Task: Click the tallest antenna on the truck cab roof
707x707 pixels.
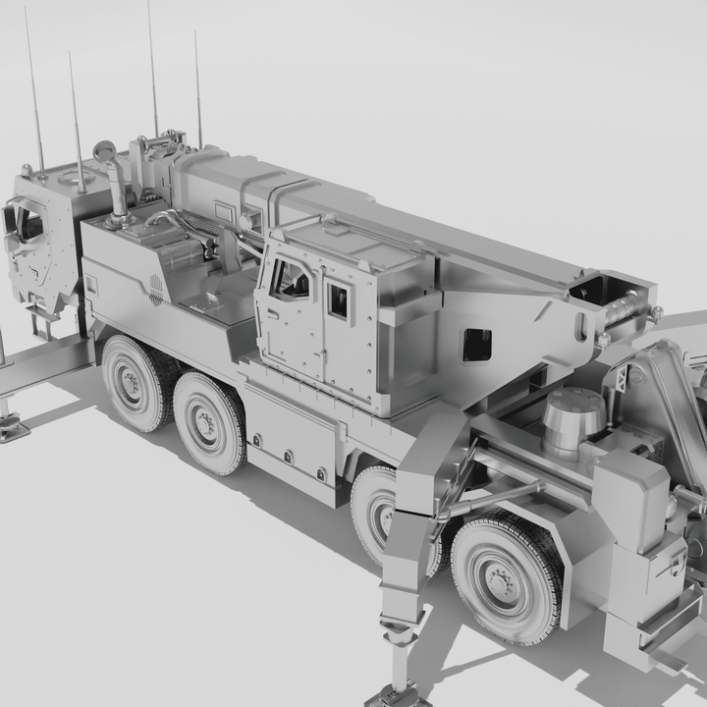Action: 152,69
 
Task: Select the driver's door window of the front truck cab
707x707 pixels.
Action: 28,224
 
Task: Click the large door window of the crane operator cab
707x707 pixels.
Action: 291,280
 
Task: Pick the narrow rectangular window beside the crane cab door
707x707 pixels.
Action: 338,300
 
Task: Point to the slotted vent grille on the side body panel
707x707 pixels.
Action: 156,290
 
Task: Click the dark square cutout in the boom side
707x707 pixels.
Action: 476,344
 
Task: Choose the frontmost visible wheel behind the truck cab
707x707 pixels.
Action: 133,384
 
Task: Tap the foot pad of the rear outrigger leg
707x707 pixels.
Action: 398,696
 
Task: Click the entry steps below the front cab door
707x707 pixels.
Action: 44,323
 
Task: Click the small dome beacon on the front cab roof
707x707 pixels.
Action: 27,171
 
